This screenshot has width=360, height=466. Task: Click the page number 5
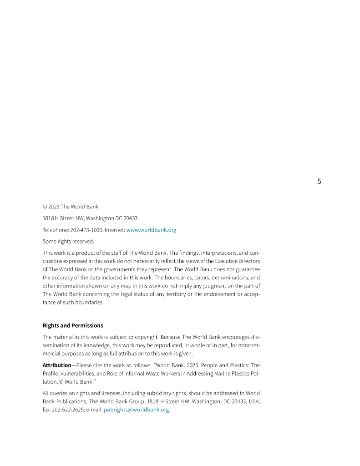pos(319,182)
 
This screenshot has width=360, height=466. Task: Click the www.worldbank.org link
pos(151,230)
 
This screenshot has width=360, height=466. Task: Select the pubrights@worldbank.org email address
pos(137,410)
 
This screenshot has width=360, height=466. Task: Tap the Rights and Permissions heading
pos(73,325)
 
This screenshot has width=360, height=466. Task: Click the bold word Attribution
pos(57,365)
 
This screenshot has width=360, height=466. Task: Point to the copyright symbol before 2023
pos(45,207)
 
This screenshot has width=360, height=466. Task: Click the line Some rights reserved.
pos(68,241)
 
